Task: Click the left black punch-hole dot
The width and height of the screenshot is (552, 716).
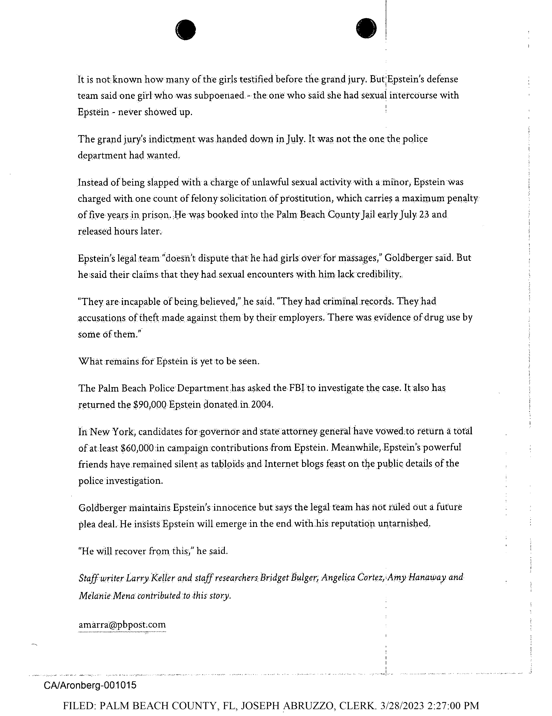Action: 186,30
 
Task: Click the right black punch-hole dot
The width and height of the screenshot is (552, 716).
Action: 366,28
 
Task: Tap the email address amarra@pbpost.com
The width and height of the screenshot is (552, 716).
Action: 122,624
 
